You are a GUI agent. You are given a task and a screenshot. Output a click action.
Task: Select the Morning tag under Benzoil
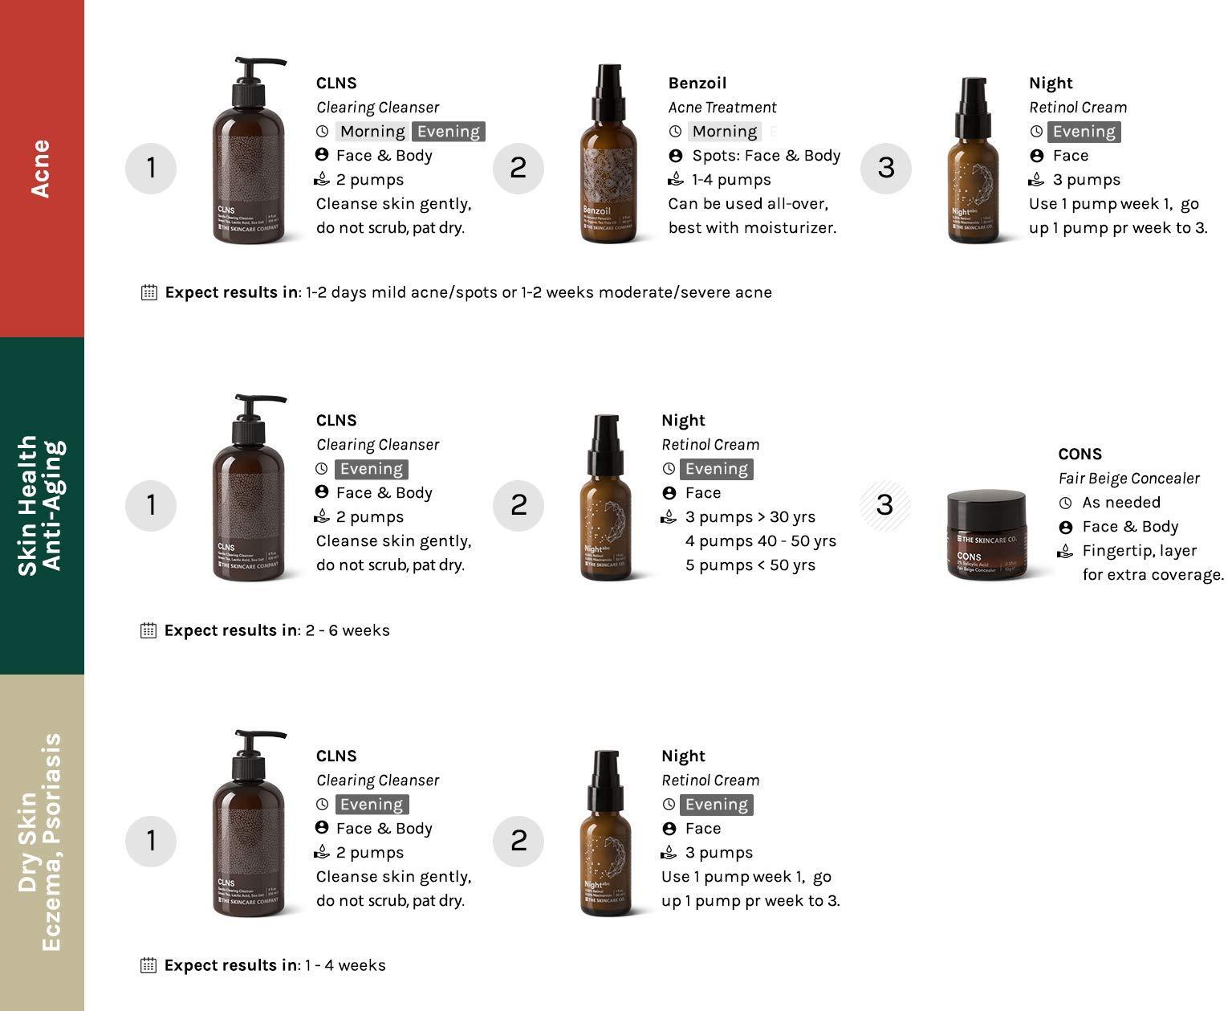point(724,132)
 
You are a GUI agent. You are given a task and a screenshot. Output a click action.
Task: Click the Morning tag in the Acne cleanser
point(372,132)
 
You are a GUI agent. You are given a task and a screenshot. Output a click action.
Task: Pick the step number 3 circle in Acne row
point(885,168)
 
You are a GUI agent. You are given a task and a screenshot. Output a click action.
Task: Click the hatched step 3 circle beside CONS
point(884,505)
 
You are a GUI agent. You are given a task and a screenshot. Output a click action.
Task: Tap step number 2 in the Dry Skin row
point(518,841)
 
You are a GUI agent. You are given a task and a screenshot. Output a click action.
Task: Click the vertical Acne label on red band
point(41,168)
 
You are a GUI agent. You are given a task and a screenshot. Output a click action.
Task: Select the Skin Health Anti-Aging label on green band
point(41,505)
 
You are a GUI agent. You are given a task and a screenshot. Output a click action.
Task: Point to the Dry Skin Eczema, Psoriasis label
point(41,842)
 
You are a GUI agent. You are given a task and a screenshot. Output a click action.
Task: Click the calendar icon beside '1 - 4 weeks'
point(148,965)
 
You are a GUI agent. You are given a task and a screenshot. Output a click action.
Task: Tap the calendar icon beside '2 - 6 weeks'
point(148,630)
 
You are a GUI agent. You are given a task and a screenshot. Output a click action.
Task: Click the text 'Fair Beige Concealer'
point(1128,479)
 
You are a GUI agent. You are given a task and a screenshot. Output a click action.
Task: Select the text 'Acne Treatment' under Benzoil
point(722,108)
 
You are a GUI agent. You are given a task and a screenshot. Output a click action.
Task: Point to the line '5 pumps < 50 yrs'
point(750,565)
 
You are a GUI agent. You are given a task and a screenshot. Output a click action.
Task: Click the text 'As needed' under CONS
point(1120,503)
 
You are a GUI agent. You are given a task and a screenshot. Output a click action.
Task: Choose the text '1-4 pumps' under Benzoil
point(730,180)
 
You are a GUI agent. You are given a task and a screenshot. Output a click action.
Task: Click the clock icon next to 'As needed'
point(1065,503)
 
